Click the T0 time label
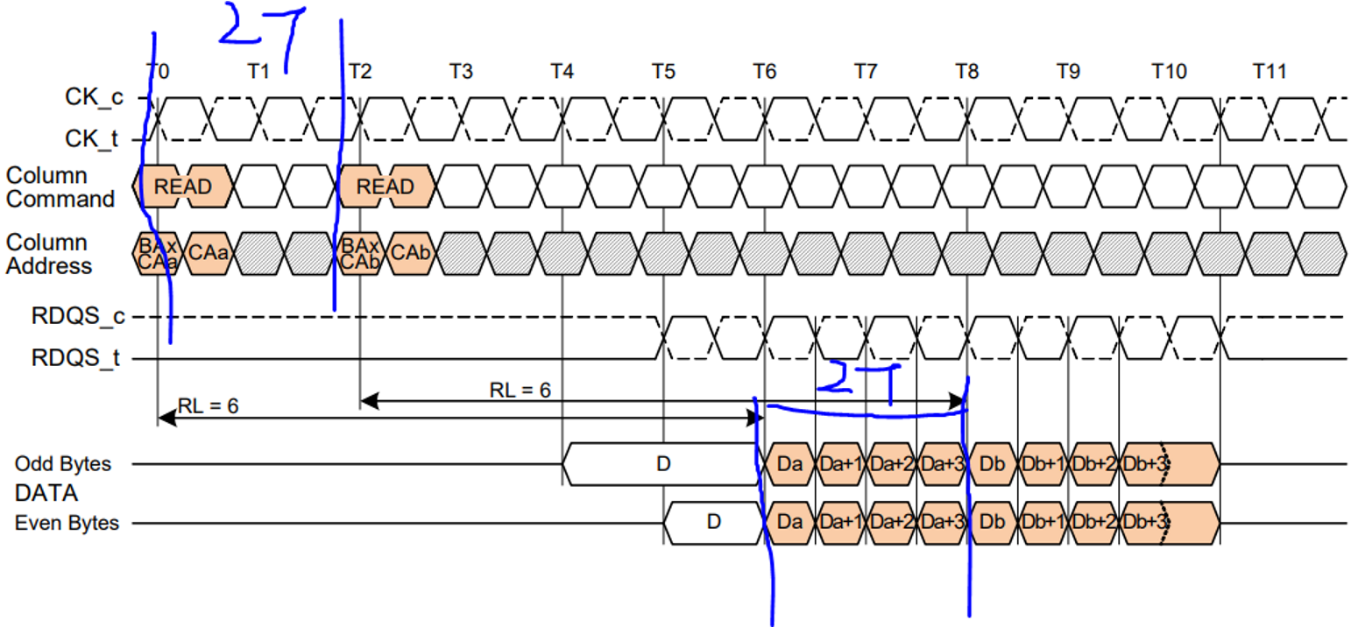(x=158, y=71)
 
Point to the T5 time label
(x=663, y=71)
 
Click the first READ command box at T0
(x=183, y=187)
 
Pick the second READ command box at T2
(x=385, y=187)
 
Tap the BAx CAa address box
(x=158, y=254)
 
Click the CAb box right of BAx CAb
(x=409, y=253)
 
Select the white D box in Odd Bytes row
(x=662, y=463)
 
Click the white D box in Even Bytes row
(x=713, y=523)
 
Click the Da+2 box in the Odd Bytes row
(x=891, y=463)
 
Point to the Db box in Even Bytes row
(x=992, y=523)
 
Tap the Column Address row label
(x=49, y=254)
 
